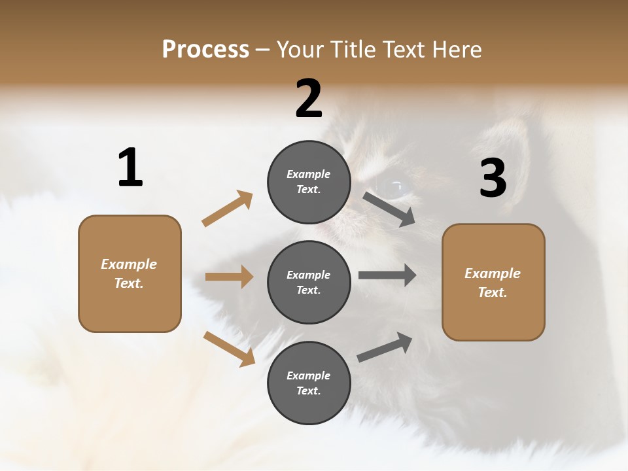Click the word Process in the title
tap(205, 49)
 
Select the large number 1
tap(130, 168)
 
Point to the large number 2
tap(309, 99)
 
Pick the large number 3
tap(493, 179)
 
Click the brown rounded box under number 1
tap(130, 273)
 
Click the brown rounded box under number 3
tap(493, 283)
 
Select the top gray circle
tap(309, 182)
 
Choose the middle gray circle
tap(309, 283)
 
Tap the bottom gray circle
tap(309, 383)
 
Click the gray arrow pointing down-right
tap(389, 209)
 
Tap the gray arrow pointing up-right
tap(385, 347)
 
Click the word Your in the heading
tap(302, 49)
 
